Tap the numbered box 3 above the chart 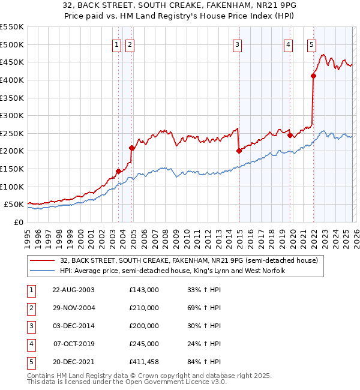(238, 44)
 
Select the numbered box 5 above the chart (311, 44)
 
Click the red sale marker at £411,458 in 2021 (313, 76)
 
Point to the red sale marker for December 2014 (239, 151)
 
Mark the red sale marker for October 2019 (290, 135)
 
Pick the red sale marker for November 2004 (132, 147)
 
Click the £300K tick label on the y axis (12, 115)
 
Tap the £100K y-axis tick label (12, 187)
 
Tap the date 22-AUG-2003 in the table (73, 290)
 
